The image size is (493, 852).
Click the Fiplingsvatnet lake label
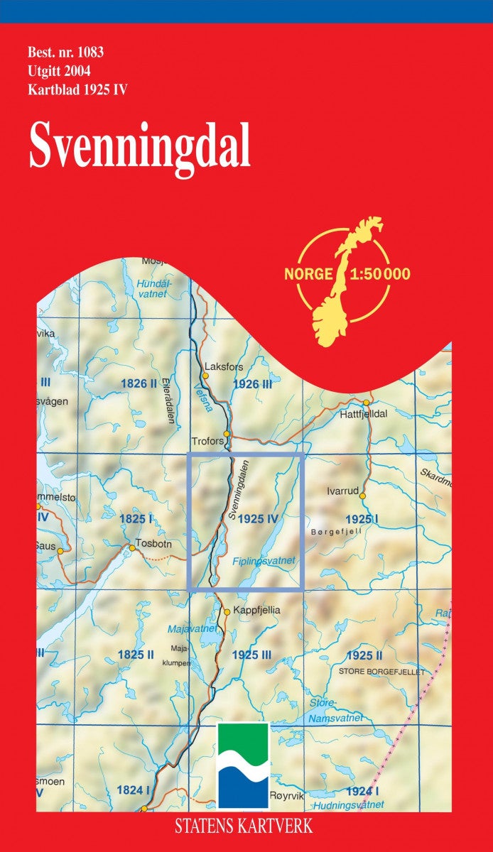point(263,561)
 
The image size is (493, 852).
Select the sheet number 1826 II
point(139,384)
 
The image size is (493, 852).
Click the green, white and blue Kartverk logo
point(243,765)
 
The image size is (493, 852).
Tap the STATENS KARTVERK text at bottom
point(246,825)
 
